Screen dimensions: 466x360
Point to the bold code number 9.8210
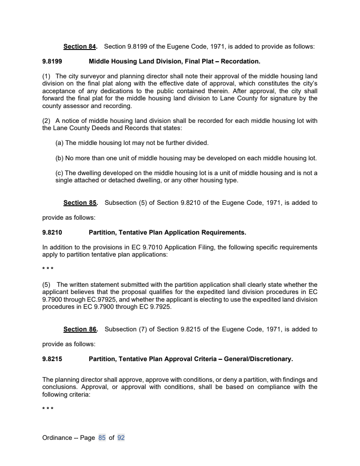pyautogui.click(x=52, y=232)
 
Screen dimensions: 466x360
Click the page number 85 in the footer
pyautogui.click(x=102, y=437)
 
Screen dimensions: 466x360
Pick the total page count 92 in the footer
pyautogui.click(x=121, y=437)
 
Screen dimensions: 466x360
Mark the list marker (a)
pyautogui.click(x=59, y=143)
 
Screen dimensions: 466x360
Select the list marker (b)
pyautogui.click(x=59, y=158)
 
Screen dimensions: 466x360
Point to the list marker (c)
pyautogui.click(x=59, y=173)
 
